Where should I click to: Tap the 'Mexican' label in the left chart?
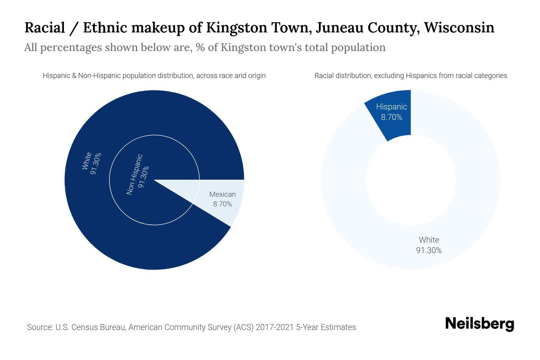pyautogui.click(x=222, y=194)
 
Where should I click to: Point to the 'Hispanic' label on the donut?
pyautogui.click(x=391, y=107)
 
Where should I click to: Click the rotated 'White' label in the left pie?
pyautogui.click(x=87, y=161)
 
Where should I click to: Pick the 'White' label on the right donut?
pyautogui.click(x=429, y=240)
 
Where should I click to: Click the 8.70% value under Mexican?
pyautogui.click(x=222, y=204)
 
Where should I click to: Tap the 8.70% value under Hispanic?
pyautogui.click(x=391, y=117)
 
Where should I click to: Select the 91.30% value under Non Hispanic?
pyautogui.click(x=144, y=177)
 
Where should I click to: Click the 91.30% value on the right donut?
pyautogui.click(x=429, y=250)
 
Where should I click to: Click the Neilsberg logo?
pyautogui.click(x=479, y=324)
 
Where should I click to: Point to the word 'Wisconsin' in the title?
pyautogui.click(x=459, y=28)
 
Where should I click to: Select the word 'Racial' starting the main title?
pyautogui.click(x=45, y=28)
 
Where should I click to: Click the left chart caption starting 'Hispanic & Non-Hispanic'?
pyautogui.click(x=154, y=76)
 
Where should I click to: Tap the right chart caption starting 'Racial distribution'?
pyautogui.click(x=411, y=76)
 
